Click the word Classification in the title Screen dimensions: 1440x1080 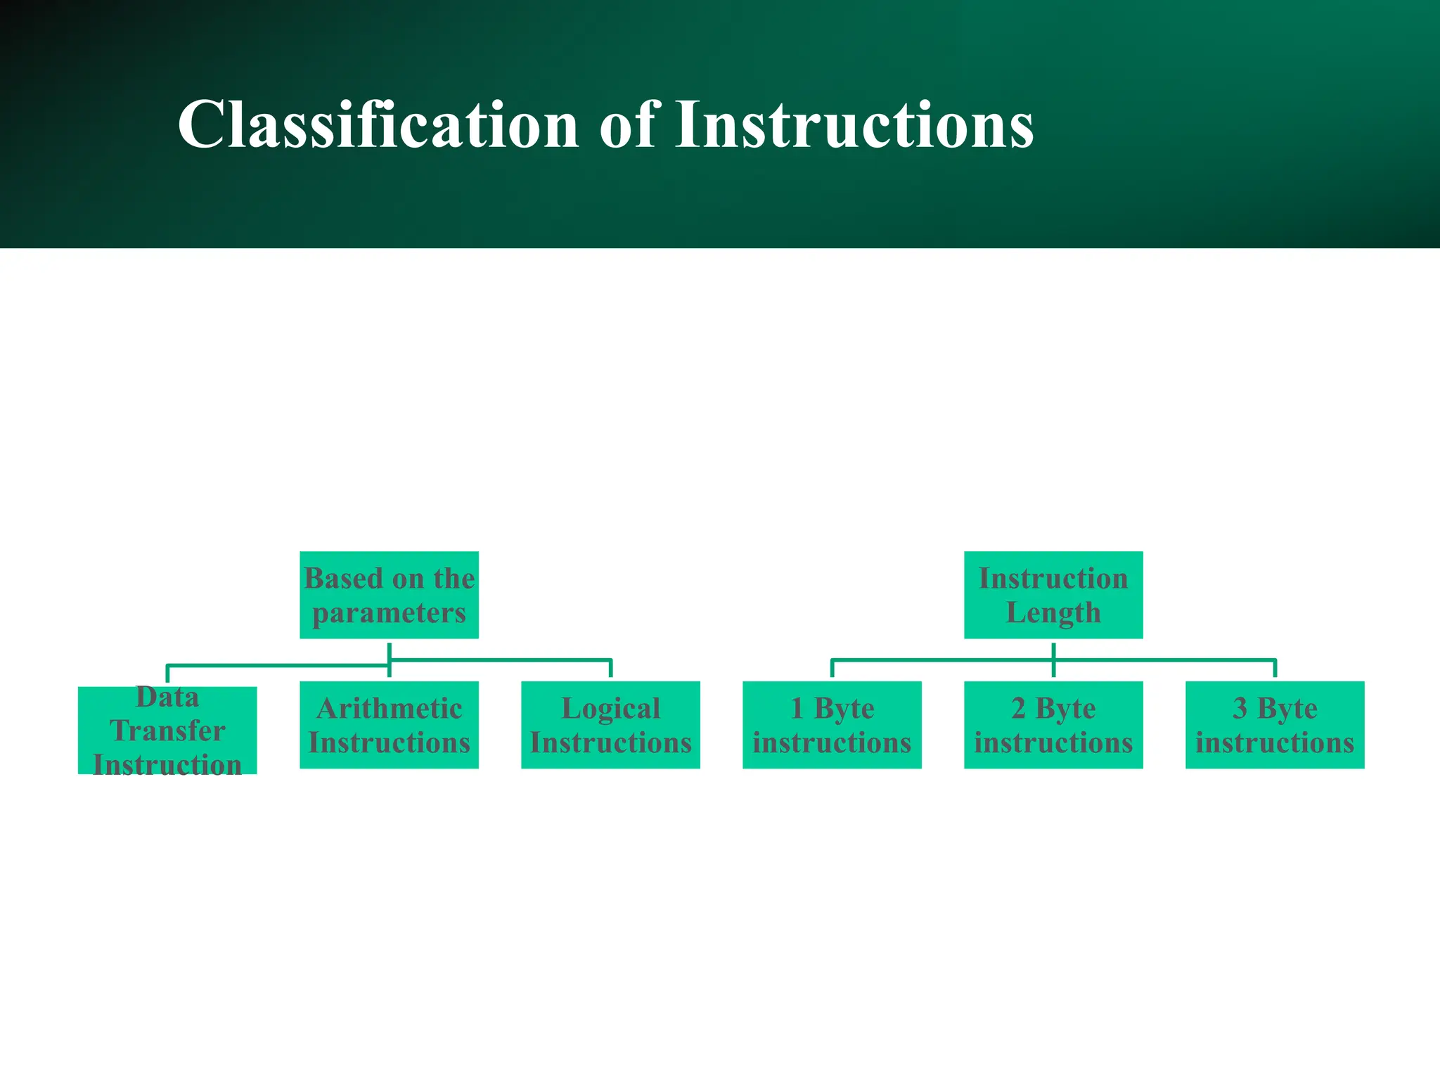coord(378,125)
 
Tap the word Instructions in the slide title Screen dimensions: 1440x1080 coord(854,125)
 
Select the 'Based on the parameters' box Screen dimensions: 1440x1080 coord(389,595)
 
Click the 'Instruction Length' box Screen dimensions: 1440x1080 coord(1053,595)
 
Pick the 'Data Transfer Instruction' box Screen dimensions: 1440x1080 coord(167,731)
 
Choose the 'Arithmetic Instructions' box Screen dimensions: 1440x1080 coord(389,725)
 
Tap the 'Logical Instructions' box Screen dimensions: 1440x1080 coord(610,725)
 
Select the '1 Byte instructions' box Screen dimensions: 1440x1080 coord(832,725)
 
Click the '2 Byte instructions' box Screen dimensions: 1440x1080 coord(1053,725)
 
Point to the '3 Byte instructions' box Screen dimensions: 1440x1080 coord(1274,725)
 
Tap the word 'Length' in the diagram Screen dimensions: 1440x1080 coord(1053,613)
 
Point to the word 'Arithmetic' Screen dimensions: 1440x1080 coord(389,708)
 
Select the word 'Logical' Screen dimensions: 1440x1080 coord(610,709)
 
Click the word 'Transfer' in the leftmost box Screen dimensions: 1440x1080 coord(167,731)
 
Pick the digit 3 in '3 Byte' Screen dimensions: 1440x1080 coord(1240,708)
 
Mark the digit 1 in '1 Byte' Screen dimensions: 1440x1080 coord(797,708)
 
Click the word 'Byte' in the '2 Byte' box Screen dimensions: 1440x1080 coord(1065,709)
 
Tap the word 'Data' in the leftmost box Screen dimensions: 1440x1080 coord(167,697)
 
